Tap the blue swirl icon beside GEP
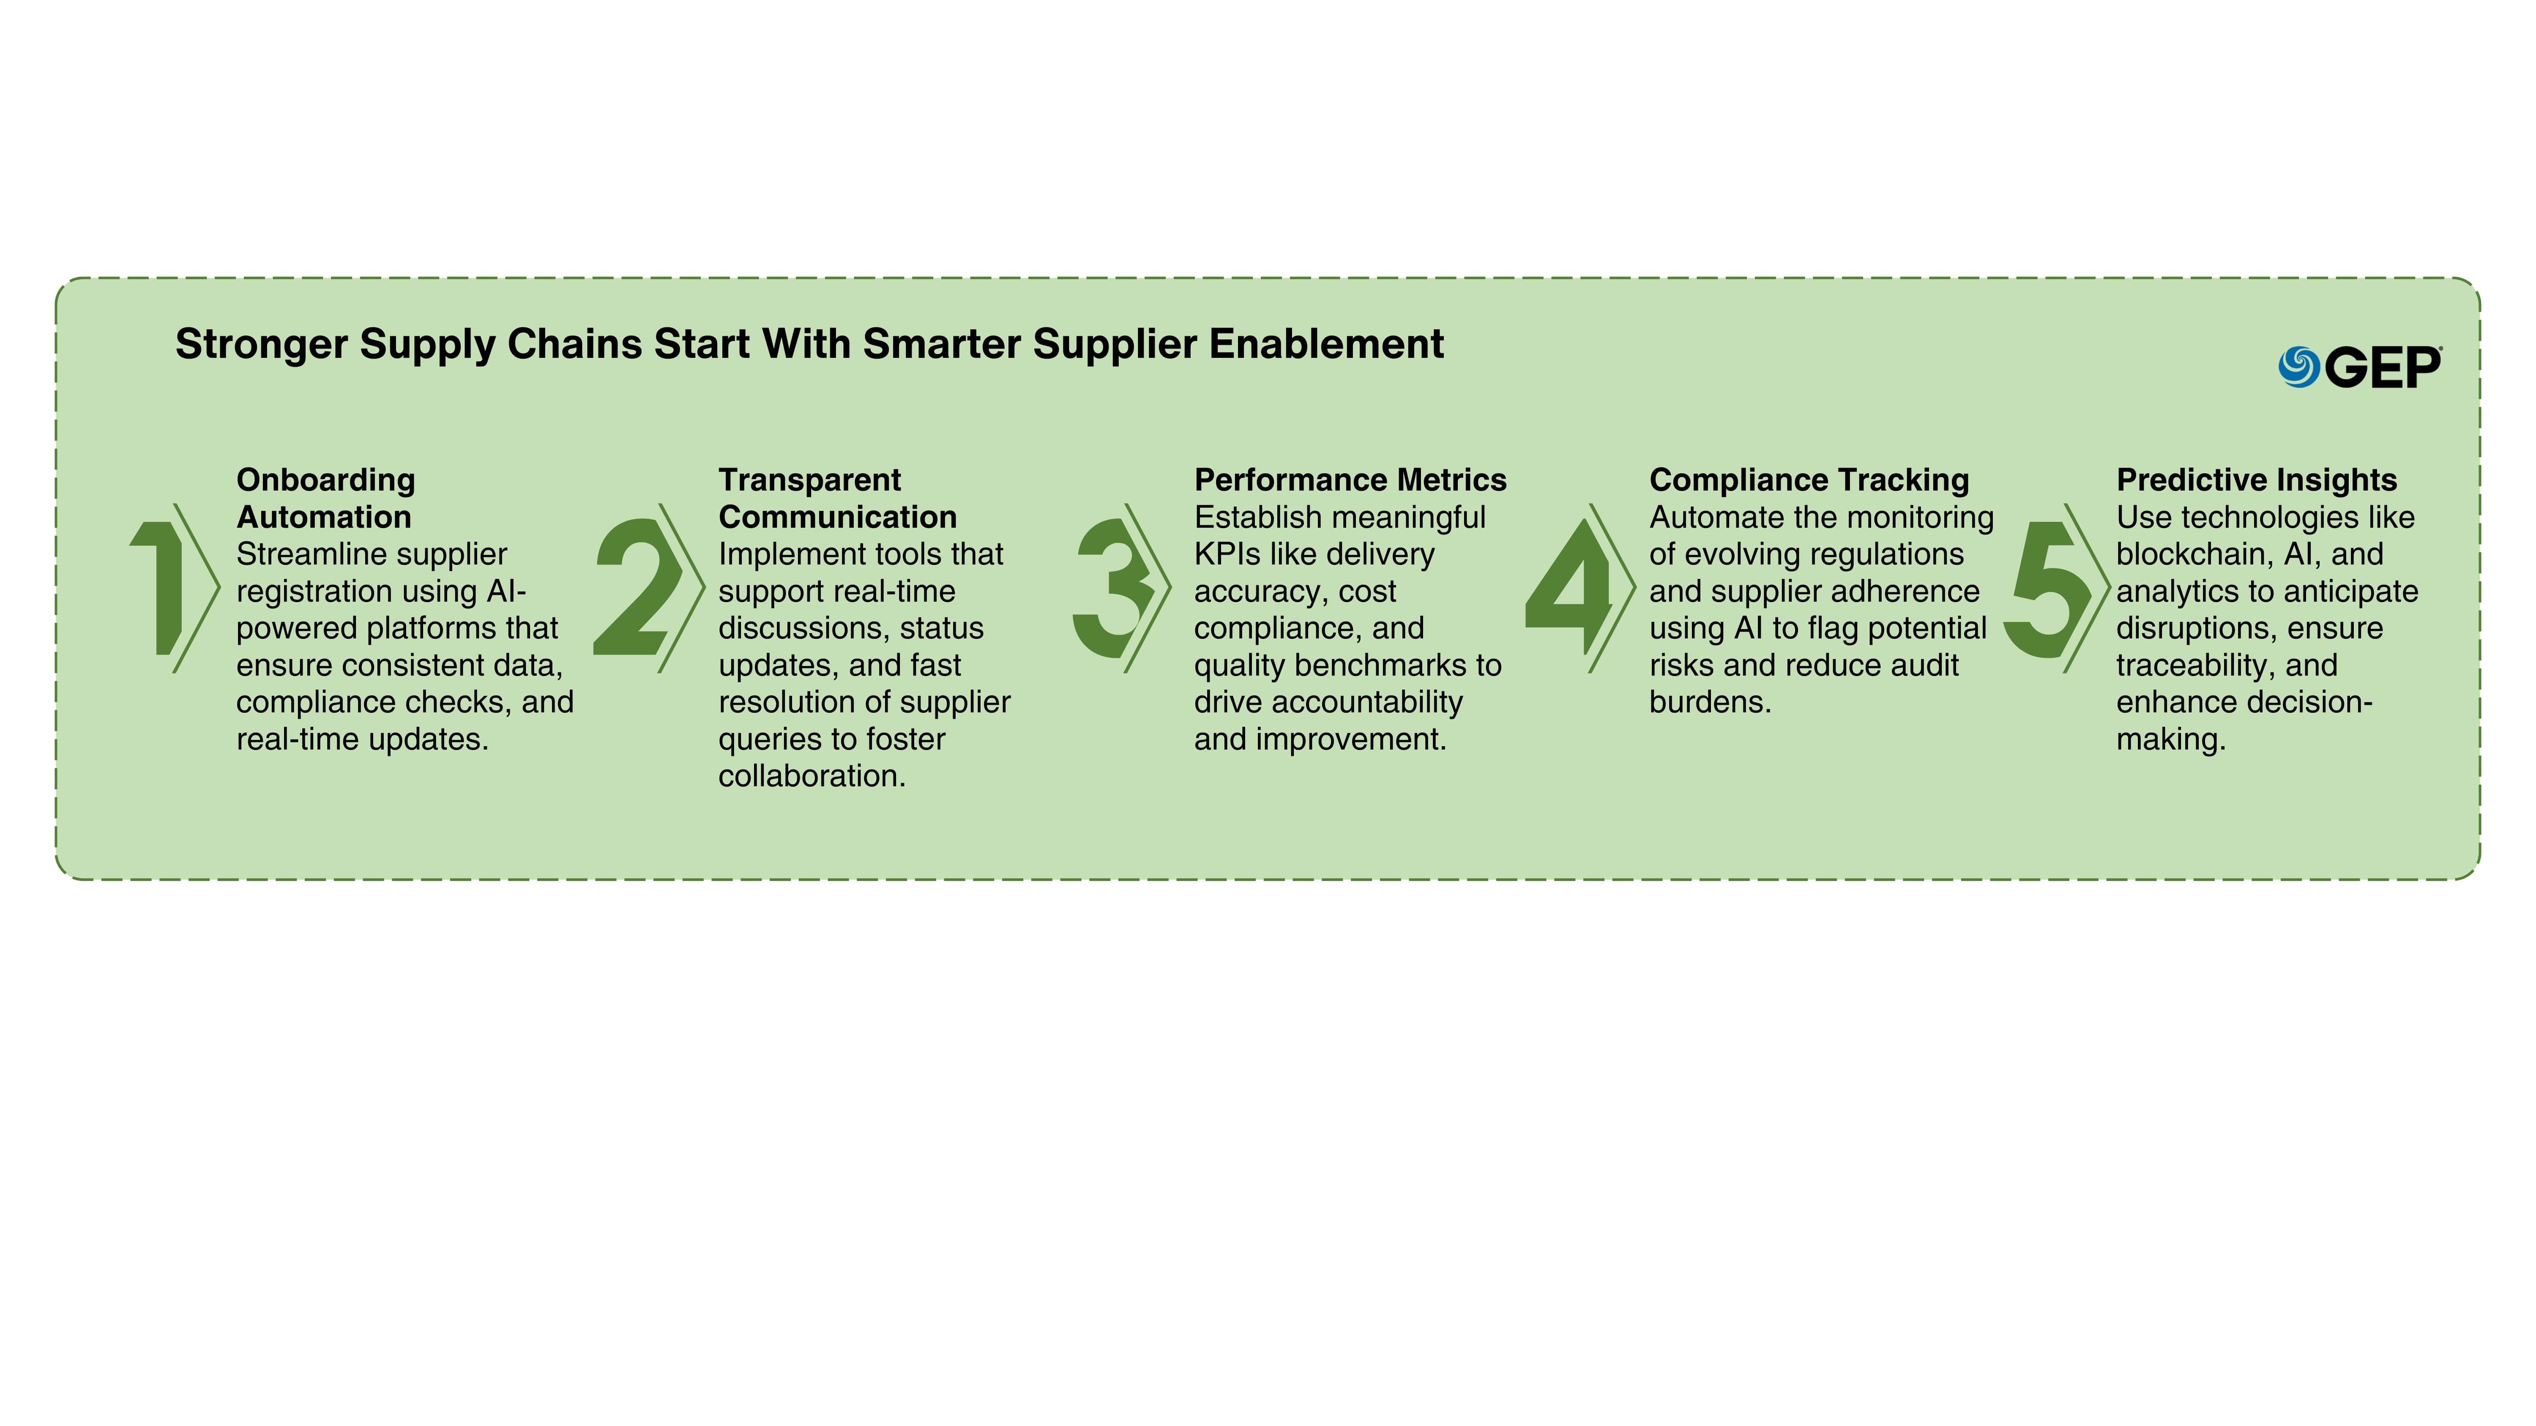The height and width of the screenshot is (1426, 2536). [x=2299, y=367]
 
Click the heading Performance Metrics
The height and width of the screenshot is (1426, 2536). [x=1350, y=480]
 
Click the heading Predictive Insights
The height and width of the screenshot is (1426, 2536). [x=2257, y=480]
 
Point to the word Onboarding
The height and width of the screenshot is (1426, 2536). [x=326, y=480]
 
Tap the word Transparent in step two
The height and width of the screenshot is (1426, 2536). [x=809, y=480]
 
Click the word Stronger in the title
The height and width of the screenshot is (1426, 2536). [x=262, y=344]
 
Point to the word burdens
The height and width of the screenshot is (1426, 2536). [x=1710, y=702]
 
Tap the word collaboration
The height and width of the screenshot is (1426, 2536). [x=811, y=775]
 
